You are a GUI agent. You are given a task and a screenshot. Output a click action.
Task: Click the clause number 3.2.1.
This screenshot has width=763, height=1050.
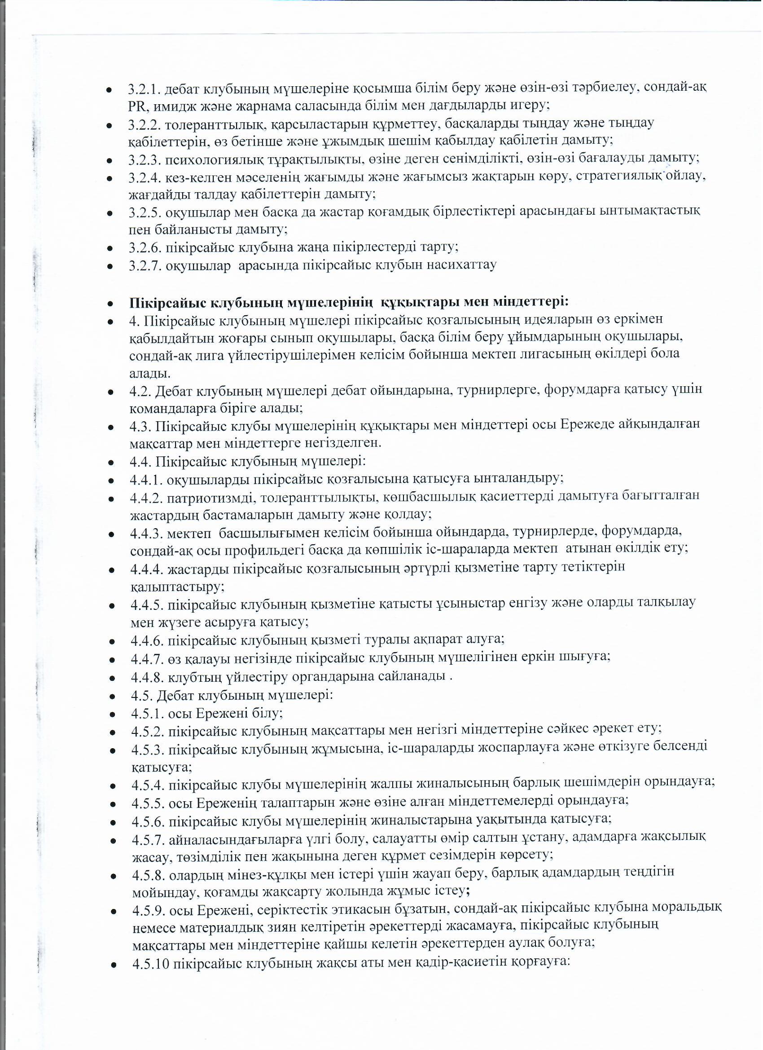point(145,88)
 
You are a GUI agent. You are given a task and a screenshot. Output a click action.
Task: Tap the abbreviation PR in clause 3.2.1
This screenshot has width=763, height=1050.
point(137,106)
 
